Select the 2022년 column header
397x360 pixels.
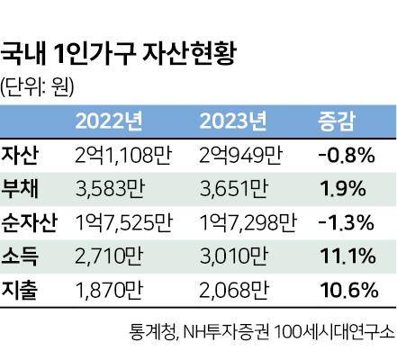click(x=111, y=120)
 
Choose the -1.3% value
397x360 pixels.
click(x=346, y=221)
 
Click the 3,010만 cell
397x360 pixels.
click(x=232, y=256)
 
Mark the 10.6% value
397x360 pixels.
click(x=346, y=289)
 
